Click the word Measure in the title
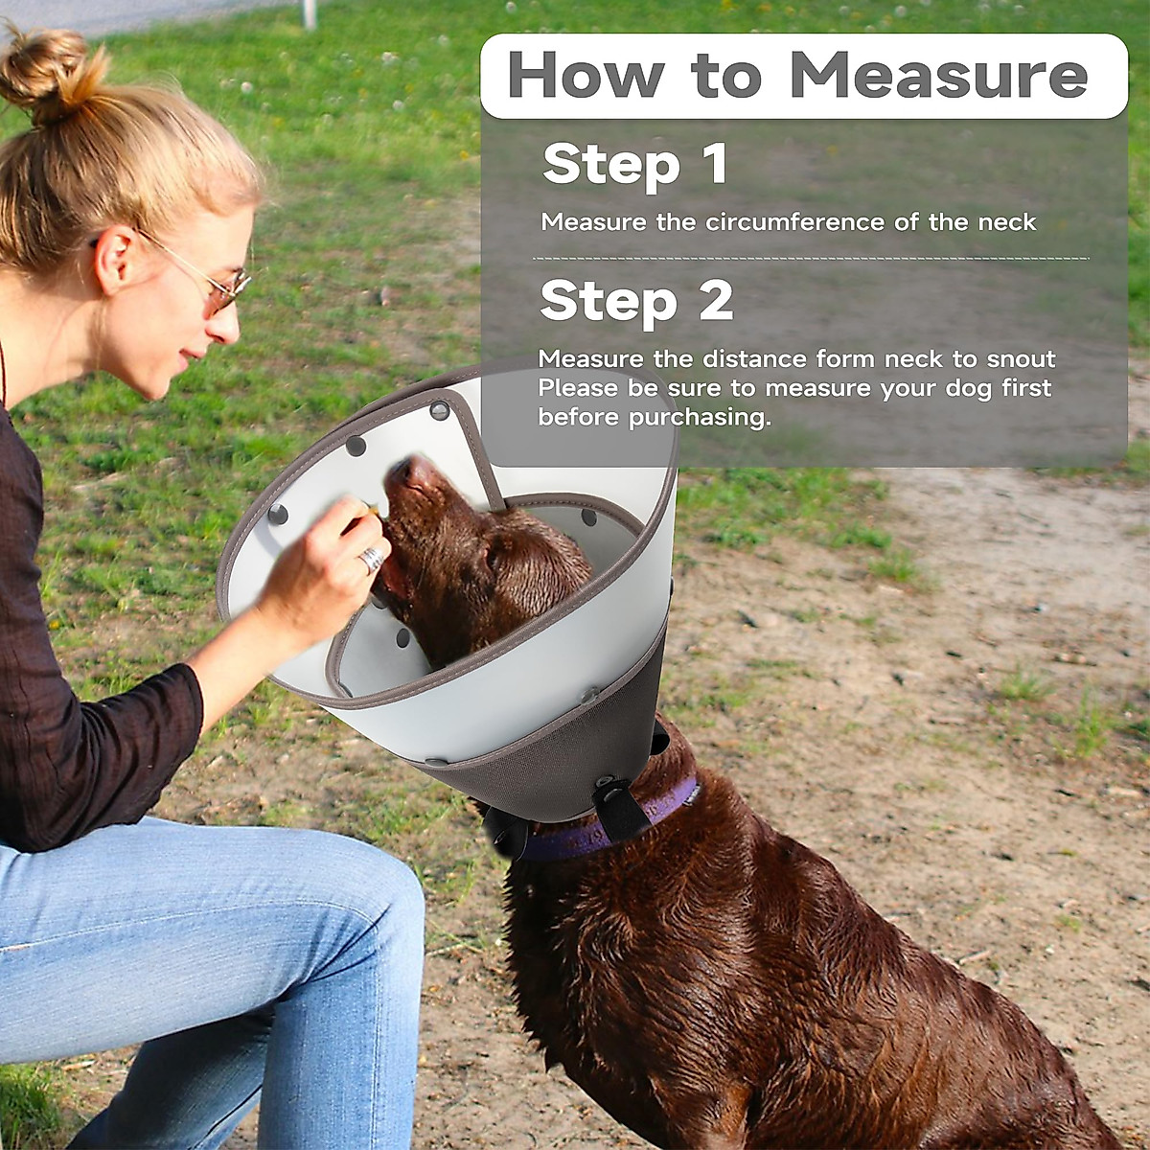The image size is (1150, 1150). (939, 75)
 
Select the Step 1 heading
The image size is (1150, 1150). (634, 164)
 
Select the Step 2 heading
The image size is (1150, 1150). (636, 301)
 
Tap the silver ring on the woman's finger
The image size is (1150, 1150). (371, 559)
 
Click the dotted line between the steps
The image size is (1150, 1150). (810, 259)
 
